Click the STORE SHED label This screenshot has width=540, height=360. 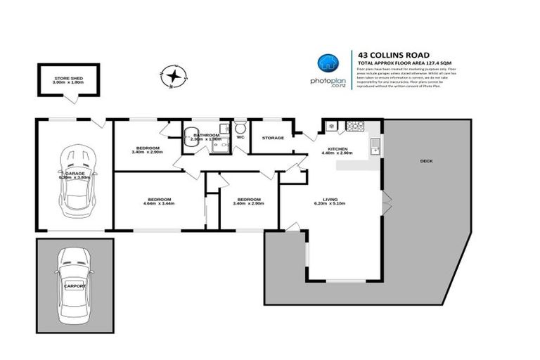pos(68,77)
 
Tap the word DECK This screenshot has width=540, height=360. pos(426,161)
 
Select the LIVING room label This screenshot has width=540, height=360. pos(330,200)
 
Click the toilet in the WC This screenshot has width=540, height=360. pos(240,129)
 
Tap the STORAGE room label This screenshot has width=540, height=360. pos(273,138)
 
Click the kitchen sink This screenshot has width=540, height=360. pos(375,147)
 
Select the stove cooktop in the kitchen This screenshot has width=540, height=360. pos(332,127)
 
